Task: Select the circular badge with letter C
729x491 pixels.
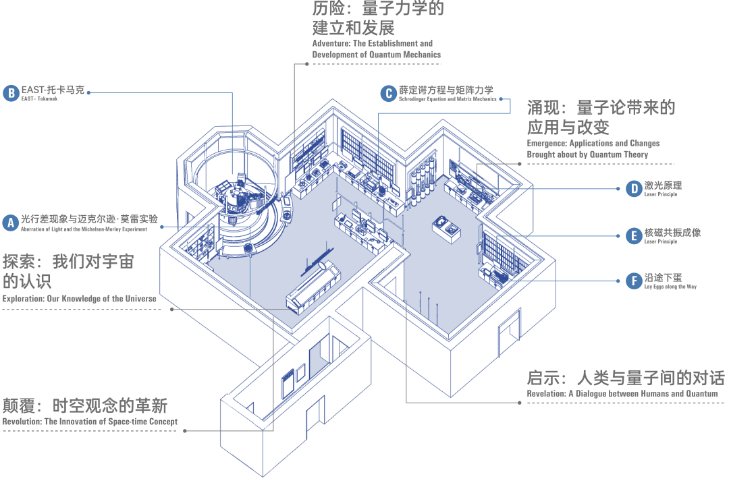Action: (387, 93)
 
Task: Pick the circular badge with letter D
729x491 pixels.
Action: (633, 188)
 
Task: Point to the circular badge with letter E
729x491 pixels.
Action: (633, 235)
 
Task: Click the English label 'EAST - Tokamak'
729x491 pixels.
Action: (39, 99)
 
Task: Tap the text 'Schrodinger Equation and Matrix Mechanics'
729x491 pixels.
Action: (447, 99)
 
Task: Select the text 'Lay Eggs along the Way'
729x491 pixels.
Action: (670, 287)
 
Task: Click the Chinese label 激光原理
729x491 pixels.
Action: (663, 185)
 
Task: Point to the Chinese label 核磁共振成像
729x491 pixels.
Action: (672, 232)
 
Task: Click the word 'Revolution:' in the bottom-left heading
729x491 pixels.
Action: (22, 422)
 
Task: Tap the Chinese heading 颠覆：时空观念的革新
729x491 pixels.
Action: (84, 405)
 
